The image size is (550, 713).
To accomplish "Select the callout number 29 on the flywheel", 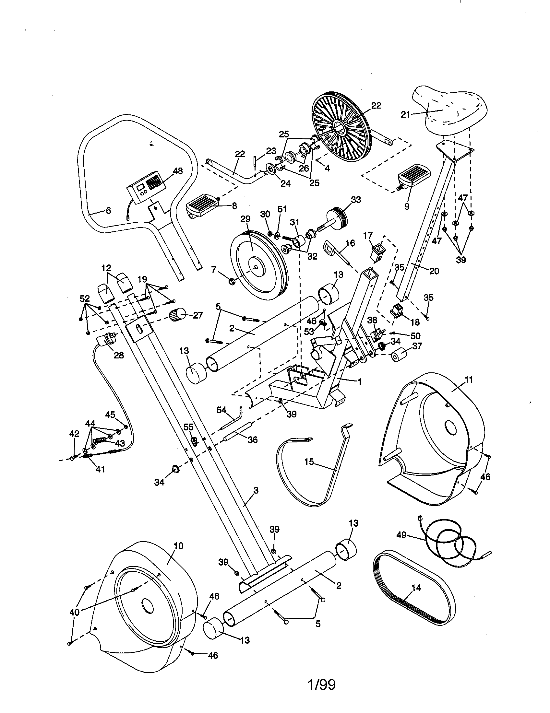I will pyautogui.click(x=245, y=219).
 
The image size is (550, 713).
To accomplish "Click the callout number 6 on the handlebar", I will pyautogui.click(x=108, y=211).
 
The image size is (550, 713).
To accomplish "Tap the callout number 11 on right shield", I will pyautogui.click(x=469, y=380).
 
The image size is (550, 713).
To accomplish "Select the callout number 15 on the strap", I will pyautogui.click(x=309, y=462).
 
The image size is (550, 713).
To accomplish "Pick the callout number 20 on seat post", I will pyautogui.click(x=434, y=271).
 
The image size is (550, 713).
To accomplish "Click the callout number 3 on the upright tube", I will pyautogui.click(x=256, y=490).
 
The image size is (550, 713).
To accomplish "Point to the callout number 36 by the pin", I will pyautogui.click(x=253, y=440).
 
